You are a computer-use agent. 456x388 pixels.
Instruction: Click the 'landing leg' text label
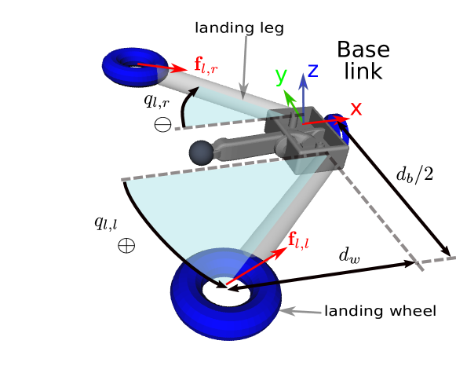[x=239, y=28]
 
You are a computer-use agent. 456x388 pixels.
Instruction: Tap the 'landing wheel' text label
[x=380, y=311]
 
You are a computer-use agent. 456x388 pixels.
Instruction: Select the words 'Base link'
[x=363, y=60]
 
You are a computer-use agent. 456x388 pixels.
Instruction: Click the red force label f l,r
[x=206, y=66]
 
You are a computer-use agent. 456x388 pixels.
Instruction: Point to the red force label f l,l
[x=298, y=240]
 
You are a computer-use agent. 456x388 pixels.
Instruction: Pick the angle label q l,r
[x=156, y=101]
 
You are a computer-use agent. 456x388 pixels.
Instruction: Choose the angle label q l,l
[x=106, y=223]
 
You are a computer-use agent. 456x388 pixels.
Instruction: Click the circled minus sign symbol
[x=162, y=124]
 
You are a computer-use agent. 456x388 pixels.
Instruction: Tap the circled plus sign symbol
[x=126, y=245]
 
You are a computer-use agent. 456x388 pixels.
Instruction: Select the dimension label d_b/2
[x=414, y=174]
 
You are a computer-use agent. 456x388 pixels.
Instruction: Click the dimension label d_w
[x=349, y=255]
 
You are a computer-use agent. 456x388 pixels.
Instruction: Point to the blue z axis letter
[x=313, y=71]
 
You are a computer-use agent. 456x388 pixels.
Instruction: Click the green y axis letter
[x=281, y=76]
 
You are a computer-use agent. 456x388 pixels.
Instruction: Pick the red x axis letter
[x=356, y=109]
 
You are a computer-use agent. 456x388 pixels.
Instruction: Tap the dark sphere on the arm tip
[x=201, y=153]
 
